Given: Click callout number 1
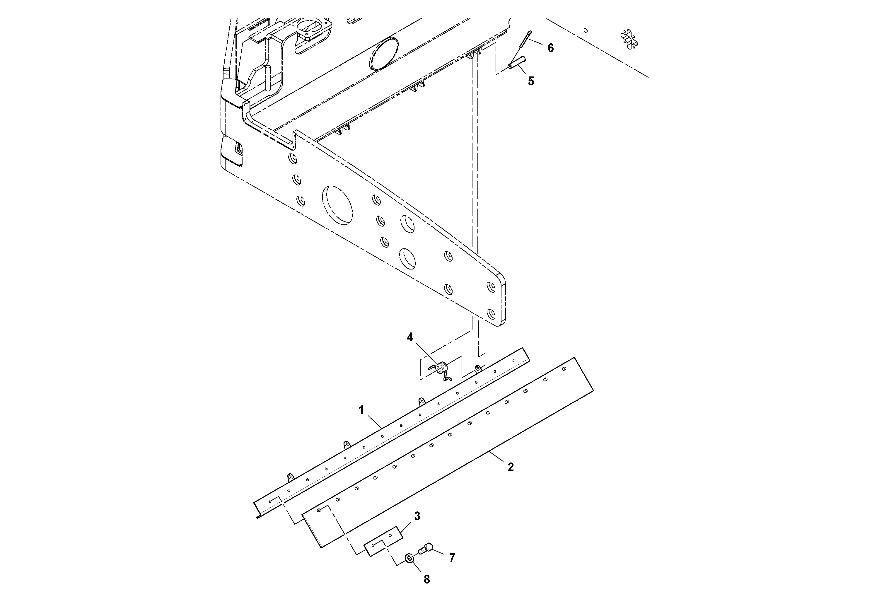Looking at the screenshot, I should (x=361, y=410).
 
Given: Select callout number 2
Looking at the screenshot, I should (x=511, y=467).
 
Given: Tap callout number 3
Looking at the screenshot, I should (x=417, y=516).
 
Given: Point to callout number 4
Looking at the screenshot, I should (x=410, y=337).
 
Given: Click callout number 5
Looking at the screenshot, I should (x=531, y=81).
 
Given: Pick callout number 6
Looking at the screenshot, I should (x=550, y=48).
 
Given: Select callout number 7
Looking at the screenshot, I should (x=452, y=558).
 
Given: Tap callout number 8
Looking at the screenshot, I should (x=426, y=579).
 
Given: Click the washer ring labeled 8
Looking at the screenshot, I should (x=409, y=558).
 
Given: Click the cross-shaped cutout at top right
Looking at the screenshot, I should (x=629, y=40).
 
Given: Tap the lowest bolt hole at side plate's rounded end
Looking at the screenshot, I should (x=491, y=314).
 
